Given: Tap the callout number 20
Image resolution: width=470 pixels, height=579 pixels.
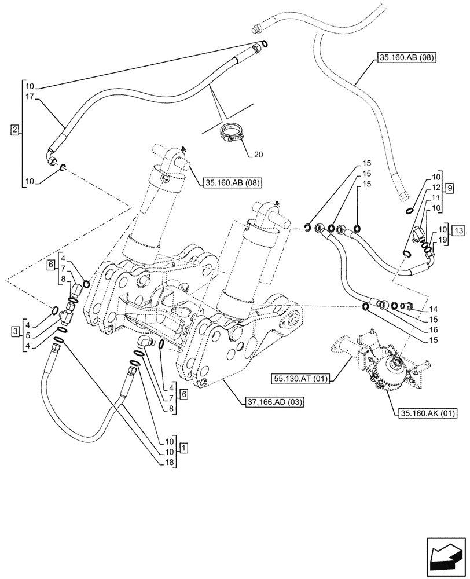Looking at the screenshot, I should pos(258,154).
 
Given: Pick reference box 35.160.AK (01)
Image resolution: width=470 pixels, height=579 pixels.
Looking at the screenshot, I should pos(427,413).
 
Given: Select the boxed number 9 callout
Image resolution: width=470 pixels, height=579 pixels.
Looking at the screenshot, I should pos(450,188).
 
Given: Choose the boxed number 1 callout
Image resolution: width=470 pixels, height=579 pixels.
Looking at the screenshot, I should pos(183,448).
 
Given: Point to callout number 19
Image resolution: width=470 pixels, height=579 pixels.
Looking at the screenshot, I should pos(442,239).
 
